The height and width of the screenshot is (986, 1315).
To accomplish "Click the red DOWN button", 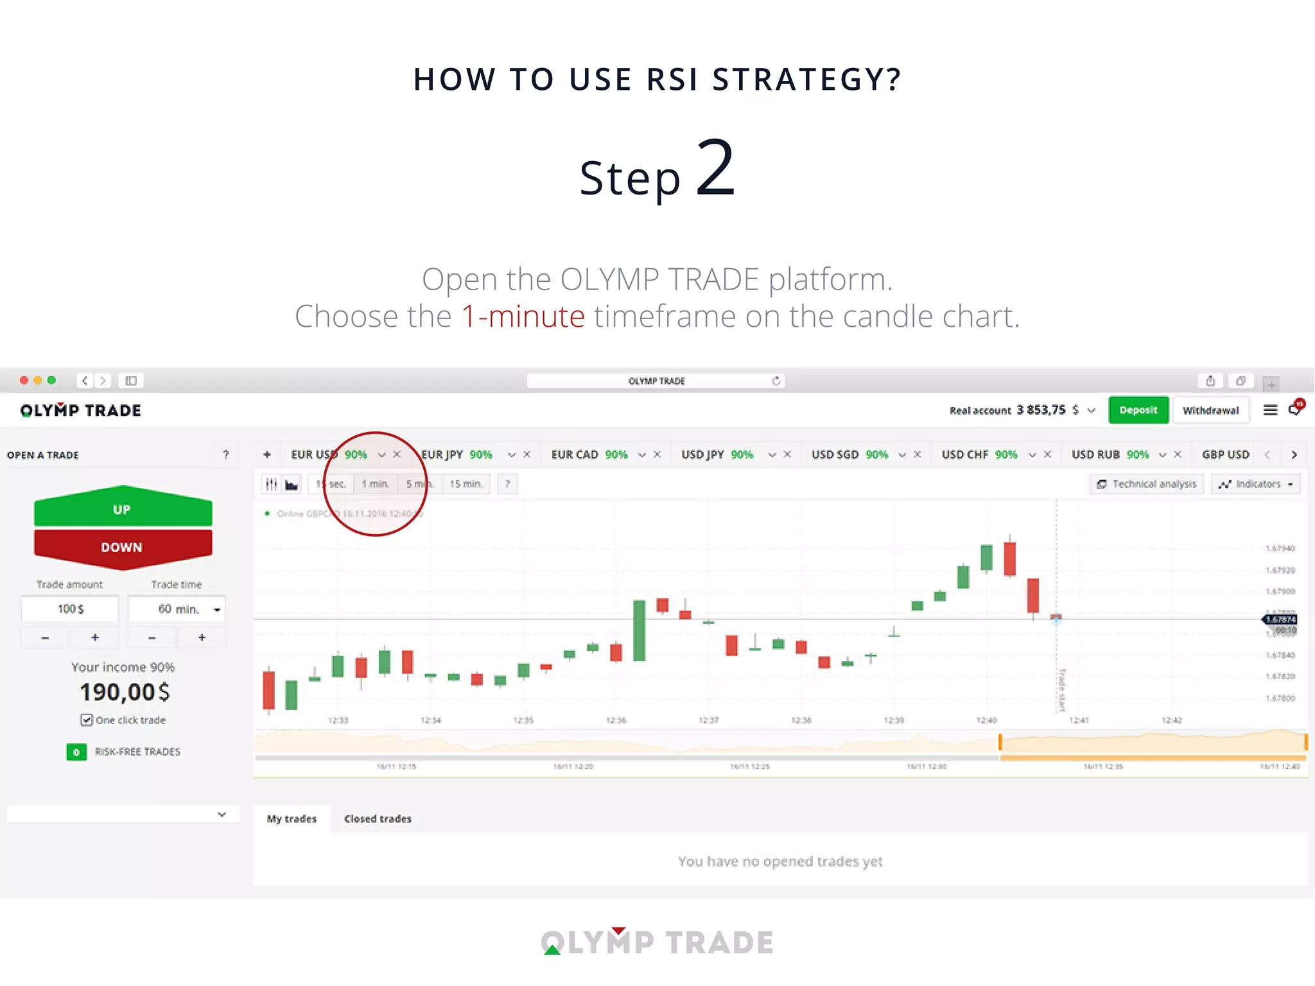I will (122, 547).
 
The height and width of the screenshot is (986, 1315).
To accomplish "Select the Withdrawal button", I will (1210, 410).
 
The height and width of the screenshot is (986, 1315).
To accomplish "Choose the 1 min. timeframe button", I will (376, 484).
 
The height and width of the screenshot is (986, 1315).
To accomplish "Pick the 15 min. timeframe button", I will (466, 484).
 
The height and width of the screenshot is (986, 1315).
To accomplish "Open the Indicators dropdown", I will (1255, 484).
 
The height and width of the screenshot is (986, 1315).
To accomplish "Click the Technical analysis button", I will (1147, 484).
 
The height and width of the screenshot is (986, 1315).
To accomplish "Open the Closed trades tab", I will (378, 818).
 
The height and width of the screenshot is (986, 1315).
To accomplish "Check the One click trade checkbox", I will (87, 720).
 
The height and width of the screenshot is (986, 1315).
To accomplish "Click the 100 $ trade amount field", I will (70, 609).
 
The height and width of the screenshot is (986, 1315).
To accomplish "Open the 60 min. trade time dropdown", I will (177, 609).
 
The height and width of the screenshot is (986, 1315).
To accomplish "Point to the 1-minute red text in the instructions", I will (523, 316).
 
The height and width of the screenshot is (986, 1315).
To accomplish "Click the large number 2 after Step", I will (715, 168).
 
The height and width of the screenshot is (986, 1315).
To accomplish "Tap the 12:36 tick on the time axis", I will (616, 720).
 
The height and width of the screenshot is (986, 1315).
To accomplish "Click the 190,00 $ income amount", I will (125, 692).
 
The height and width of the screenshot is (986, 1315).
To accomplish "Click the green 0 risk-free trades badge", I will (76, 752).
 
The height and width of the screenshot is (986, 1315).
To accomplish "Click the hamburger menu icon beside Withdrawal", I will (1270, 410).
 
